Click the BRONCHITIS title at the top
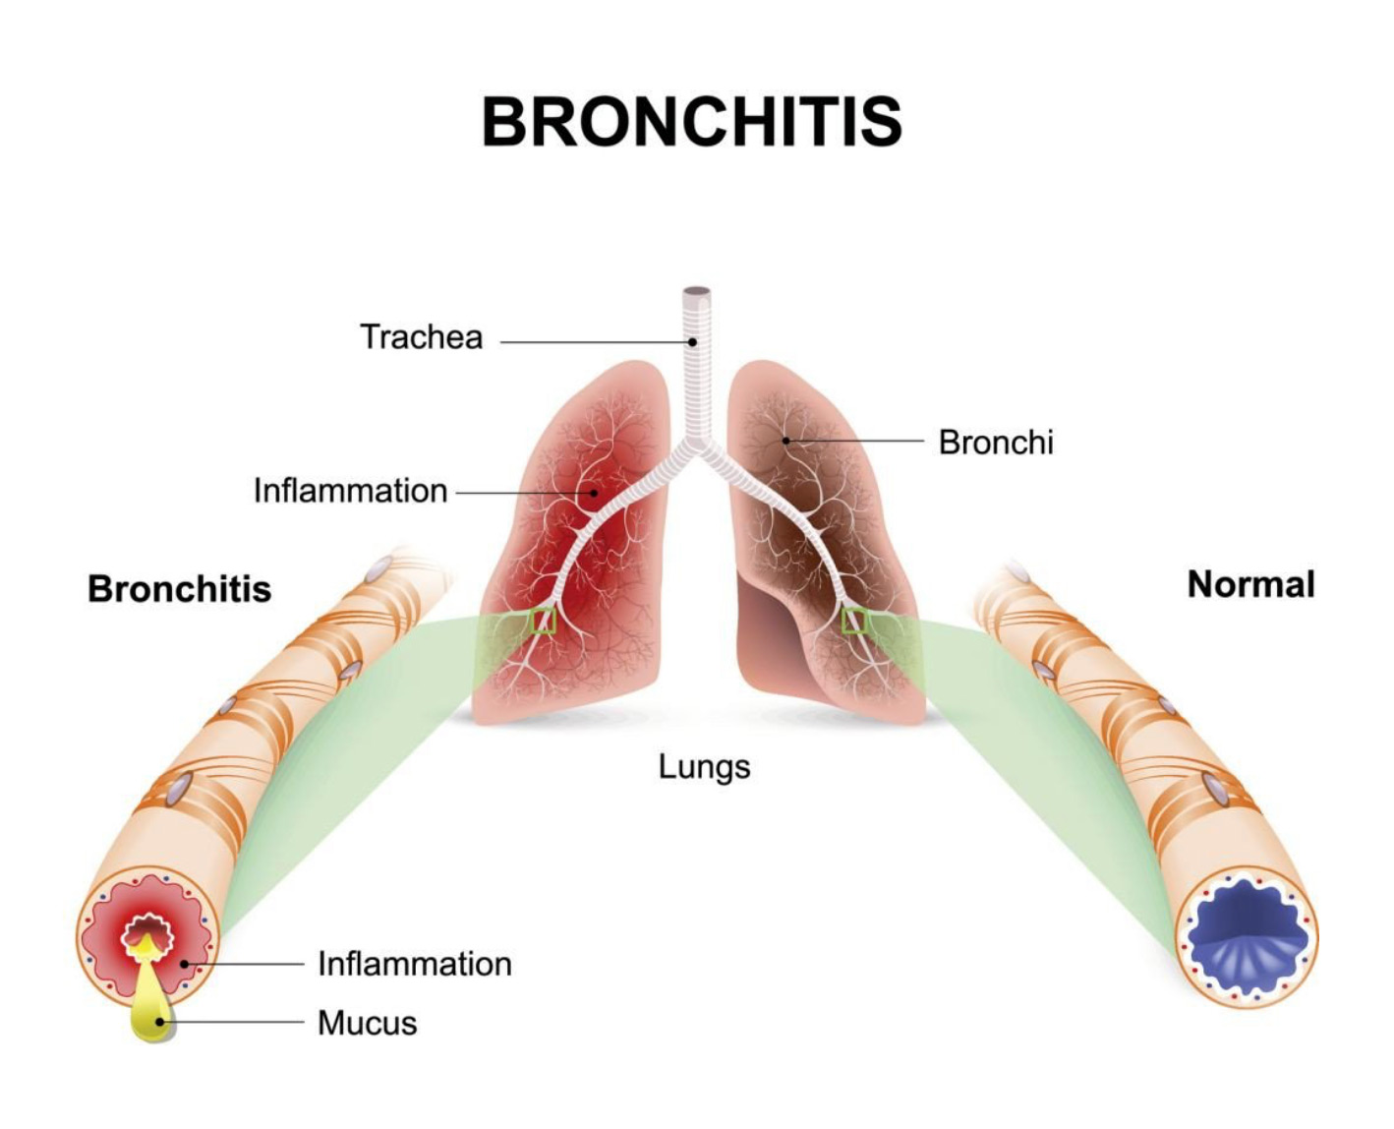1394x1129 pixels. point(691,121)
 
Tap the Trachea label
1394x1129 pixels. point(422,337)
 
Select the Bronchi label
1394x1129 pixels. point(996,443)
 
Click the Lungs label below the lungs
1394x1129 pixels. point(704,766)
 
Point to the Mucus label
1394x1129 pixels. point(367,1023)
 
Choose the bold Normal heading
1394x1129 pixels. point(1250,584)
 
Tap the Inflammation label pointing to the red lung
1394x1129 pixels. point(350,491)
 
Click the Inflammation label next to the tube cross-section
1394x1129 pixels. point(415,964)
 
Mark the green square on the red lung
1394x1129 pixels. point(543,621)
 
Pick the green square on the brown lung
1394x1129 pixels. point(854,621)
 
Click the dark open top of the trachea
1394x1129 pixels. point(696,291)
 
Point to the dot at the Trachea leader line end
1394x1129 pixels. point(692,341)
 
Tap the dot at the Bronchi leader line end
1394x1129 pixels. point(786,441)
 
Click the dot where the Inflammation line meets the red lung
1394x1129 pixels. point(594,493)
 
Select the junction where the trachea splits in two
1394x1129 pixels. point(696,446)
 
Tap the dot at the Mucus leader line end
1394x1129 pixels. point(159,1022)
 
